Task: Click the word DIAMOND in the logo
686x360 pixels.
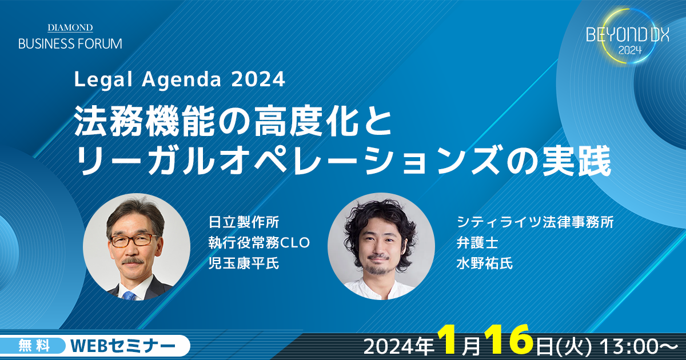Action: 70,28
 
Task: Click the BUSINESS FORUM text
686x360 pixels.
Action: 70,44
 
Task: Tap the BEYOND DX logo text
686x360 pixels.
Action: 628,35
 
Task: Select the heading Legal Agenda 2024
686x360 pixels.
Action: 180,79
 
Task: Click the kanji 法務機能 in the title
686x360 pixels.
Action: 144,121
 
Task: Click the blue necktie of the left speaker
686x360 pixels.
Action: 130,296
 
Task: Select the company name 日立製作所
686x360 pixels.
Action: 244,222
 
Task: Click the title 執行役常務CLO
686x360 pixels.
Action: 259,242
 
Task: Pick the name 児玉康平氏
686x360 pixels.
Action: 244,263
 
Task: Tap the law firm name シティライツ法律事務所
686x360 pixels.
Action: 535,222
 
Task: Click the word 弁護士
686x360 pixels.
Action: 477,242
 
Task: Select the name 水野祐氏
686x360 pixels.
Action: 485,263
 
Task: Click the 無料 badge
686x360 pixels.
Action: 34,346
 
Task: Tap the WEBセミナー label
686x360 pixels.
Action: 123,346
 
